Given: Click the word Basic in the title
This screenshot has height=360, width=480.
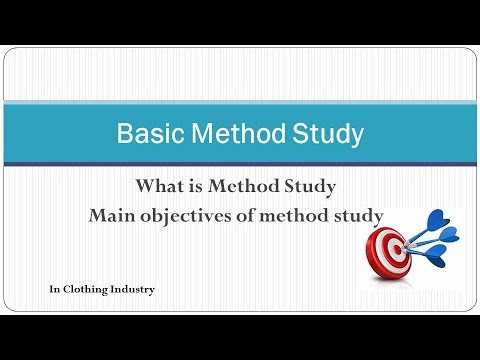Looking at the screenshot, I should click(x=146, y=133).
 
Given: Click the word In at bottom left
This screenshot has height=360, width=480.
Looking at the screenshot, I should click(x=55, y=290).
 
